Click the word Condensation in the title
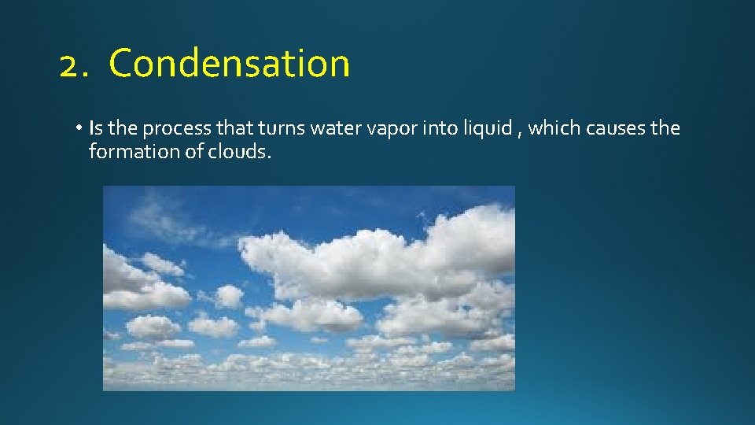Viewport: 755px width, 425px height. click(230, 64)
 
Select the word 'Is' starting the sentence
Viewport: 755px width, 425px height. click(94, 128)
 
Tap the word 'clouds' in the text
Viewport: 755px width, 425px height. click(238, 151)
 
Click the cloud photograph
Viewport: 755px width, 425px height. click(308, 288)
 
